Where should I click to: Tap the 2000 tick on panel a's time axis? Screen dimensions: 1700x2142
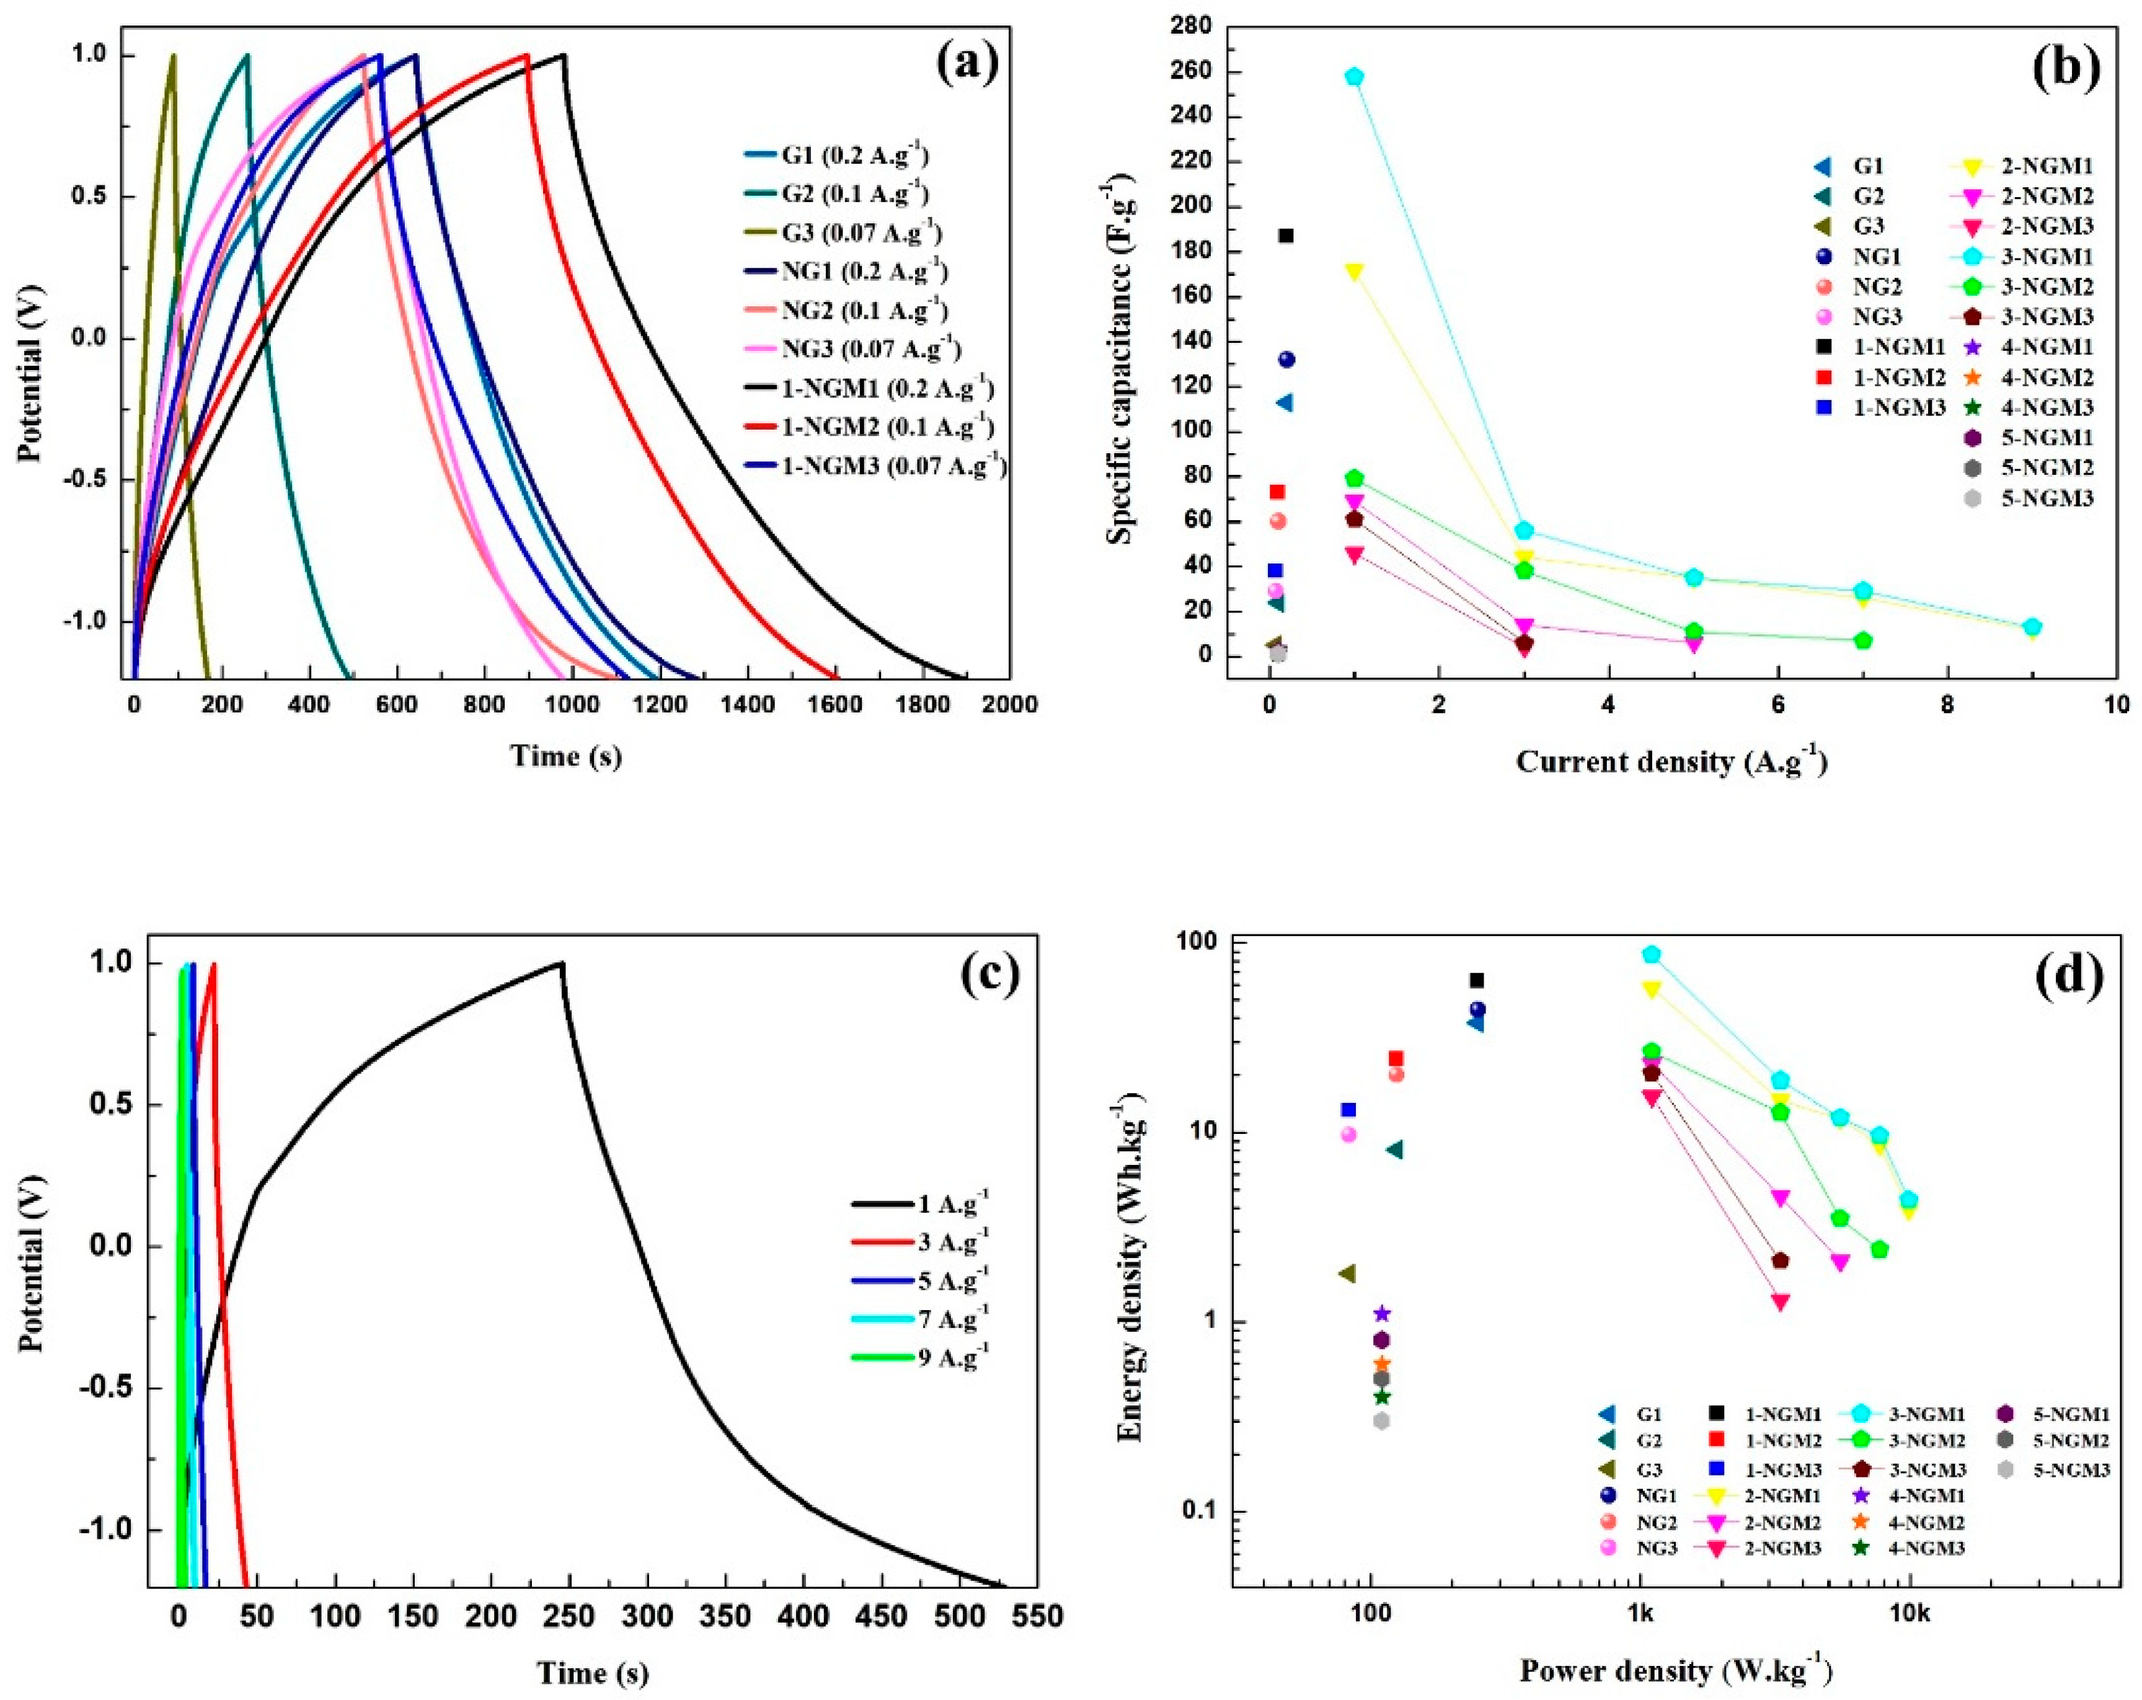coord(1009,704)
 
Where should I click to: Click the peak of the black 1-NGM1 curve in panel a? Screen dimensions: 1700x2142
coord(564,56)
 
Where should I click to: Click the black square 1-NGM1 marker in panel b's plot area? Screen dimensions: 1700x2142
coord(1286,236)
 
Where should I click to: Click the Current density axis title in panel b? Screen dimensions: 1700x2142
coord(1671,762)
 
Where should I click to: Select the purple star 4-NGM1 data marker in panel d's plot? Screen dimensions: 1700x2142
coord(1381,1314)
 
